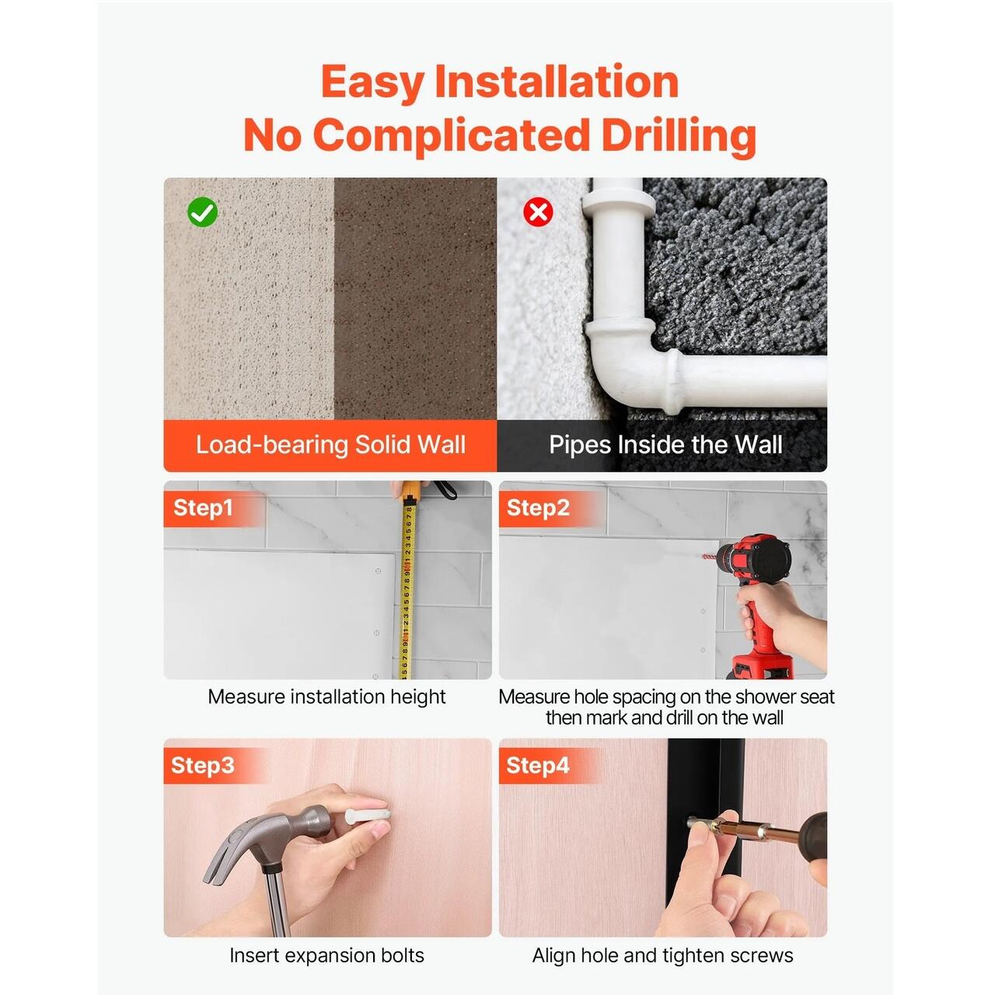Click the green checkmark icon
point(202,211)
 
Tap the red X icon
point(538,211)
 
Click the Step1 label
point(203,508)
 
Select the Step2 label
point(537,508)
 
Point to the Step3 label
point(202,766)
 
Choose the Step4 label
point(537,766)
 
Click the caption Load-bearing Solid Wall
point(330,445)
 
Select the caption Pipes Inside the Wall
point(665,445)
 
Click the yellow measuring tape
point(407,584)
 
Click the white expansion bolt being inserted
point(367,816)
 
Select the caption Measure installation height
point(326,697)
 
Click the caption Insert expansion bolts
point(326,955)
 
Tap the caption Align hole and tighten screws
point(662,955)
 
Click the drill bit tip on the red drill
point(704,557)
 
